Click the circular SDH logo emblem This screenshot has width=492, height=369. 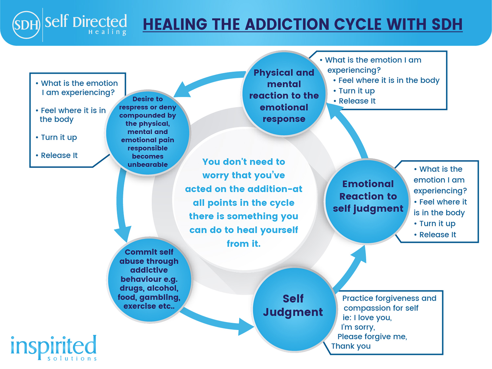[26, 25]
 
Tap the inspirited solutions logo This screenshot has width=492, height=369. [53, 348]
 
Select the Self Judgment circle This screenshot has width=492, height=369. [294, 309]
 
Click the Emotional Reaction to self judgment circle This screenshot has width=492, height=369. [367, 201]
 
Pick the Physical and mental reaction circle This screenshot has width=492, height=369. [284, 94]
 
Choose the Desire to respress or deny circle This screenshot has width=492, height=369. [148, 133]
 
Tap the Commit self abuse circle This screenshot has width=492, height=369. [150, 279]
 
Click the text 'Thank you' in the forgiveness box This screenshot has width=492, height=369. [351, 346]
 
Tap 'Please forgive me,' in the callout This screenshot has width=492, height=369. [372, 337]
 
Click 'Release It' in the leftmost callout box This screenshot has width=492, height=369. [59, 155]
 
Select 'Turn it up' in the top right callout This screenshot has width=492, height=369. [357, 91]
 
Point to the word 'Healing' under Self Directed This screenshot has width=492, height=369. [108, 32]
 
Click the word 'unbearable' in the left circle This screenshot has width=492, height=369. [148, 164]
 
